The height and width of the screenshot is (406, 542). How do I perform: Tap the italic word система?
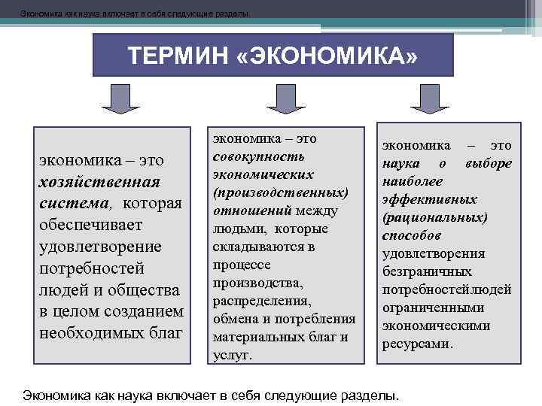(x=75, y=204)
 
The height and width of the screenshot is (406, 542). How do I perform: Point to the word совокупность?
(x=248, y=156)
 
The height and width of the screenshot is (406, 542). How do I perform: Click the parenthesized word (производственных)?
(x=280, y=192)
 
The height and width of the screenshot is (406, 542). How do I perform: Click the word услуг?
(x=232, y=355)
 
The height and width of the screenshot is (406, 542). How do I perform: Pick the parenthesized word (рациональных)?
(x=435, y=218)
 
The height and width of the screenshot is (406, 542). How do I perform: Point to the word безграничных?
(x=428, y=272)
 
